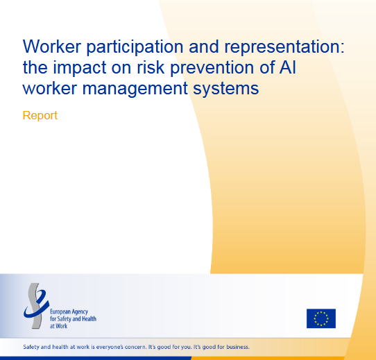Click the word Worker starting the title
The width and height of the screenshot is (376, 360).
click(x=52, y=46)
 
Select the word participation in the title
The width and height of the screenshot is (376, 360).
click(x=135, y=47)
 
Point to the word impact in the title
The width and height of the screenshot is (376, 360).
click(x=79, y=68)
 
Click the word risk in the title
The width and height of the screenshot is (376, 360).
click(x=151, y=67)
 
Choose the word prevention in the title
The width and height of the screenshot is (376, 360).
click(x=212, y=68)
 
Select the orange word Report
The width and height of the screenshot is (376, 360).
click(x=40, y=116)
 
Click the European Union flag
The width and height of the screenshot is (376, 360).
click(x=321, y=318)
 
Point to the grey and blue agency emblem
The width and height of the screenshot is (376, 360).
click(x=36, y=306)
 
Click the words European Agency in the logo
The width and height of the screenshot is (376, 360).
click(x=69, y=312)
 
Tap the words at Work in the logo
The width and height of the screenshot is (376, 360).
click(x=58, y=326)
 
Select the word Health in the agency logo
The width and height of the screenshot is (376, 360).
click(x=89, y=319)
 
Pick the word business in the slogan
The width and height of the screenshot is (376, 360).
click(x=238, y=347)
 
